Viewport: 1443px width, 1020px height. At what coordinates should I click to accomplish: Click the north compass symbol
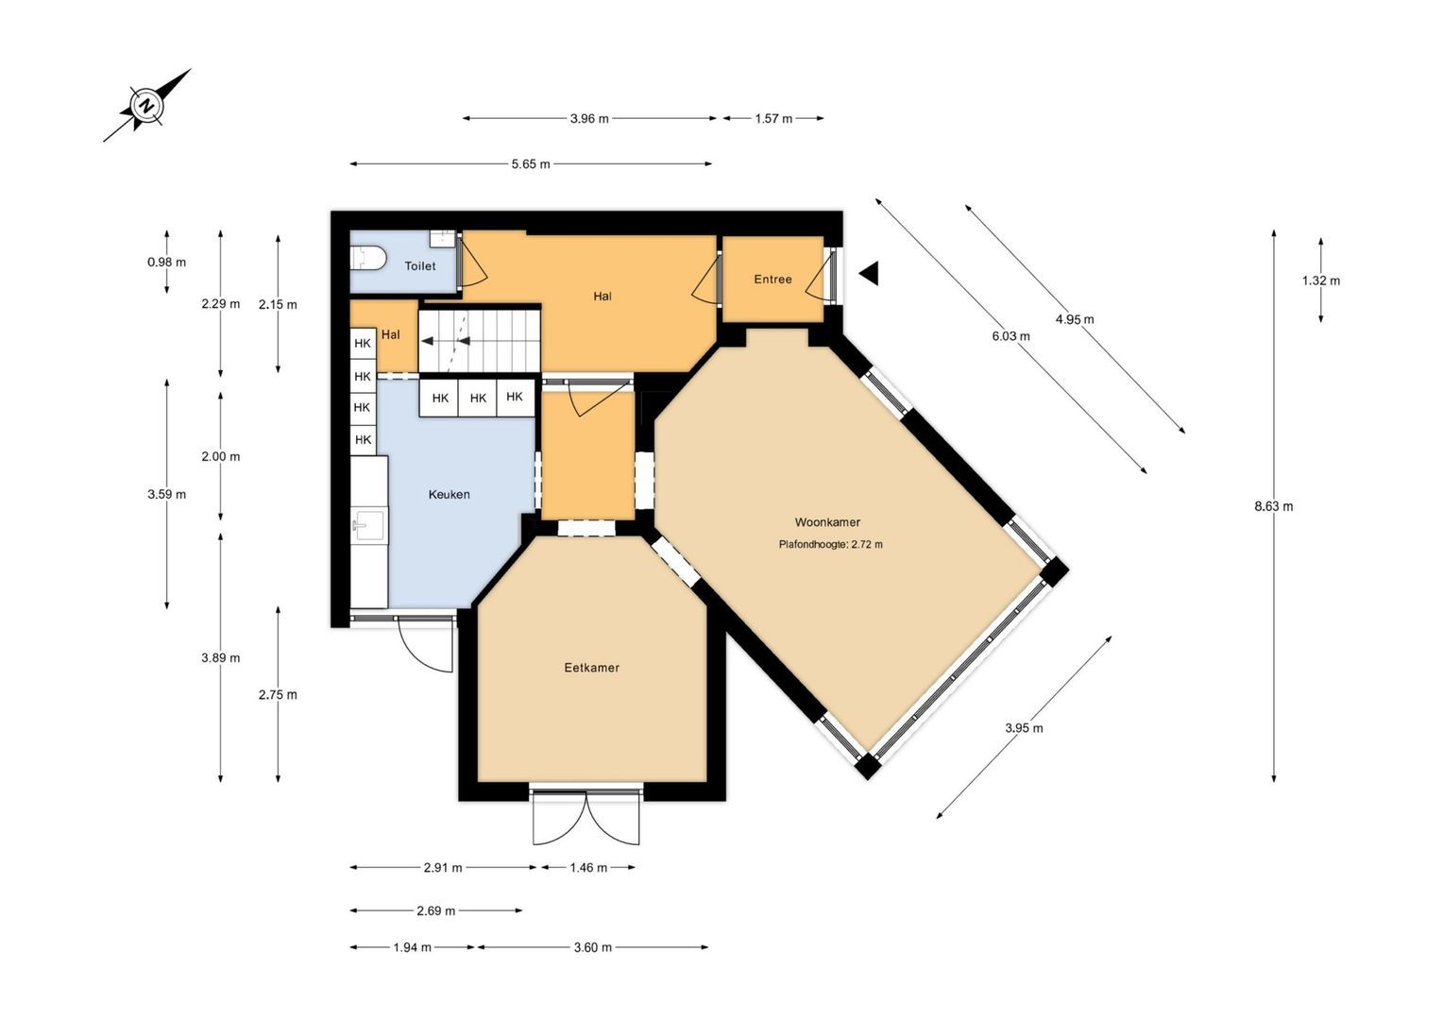147,105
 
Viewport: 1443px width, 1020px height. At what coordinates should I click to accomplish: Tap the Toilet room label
420,265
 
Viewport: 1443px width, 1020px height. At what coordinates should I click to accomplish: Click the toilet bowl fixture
368,259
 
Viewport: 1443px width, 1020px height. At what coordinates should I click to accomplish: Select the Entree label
772,279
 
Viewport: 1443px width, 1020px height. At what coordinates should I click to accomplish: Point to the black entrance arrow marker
869,274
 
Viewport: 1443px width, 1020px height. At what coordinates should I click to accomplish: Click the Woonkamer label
827,522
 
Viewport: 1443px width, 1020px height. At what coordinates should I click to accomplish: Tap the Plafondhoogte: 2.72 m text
830,544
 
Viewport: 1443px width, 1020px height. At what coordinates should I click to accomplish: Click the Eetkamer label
591,668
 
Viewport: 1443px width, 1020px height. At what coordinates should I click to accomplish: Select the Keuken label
449,494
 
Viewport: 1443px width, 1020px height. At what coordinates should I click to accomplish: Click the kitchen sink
369,524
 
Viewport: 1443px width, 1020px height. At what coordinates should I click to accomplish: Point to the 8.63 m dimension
1273,506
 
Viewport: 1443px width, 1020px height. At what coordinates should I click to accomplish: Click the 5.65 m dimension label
531,163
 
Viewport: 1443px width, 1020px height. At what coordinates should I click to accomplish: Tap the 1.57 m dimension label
773,119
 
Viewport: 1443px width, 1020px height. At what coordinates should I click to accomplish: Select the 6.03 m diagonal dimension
1010,335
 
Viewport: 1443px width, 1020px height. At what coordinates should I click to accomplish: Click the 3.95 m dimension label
1024,728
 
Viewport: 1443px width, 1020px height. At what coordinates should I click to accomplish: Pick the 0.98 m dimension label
166,263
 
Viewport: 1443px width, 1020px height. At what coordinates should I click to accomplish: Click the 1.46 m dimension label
588,867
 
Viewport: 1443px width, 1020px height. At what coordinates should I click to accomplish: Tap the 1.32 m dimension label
1320,280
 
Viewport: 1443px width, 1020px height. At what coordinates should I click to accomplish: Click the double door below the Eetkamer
586,816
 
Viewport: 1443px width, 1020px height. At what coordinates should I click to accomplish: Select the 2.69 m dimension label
435,910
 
